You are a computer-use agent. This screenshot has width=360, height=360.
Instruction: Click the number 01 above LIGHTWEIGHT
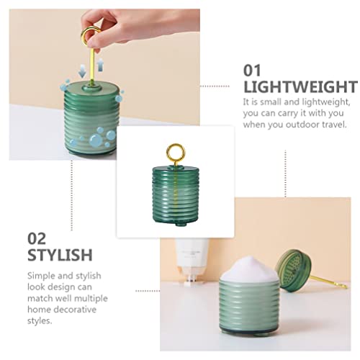(252, 71)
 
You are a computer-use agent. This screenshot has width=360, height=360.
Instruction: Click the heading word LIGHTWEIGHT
(301, 87)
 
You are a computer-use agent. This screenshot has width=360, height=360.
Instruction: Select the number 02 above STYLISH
(37, 238)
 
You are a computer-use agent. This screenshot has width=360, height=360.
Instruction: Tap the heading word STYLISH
(60, 255)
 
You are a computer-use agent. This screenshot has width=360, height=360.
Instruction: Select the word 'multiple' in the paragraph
(93, 298)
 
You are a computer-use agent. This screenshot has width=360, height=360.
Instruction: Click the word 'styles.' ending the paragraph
(40, 321)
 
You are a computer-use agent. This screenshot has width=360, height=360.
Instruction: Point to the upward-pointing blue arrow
(101, 65)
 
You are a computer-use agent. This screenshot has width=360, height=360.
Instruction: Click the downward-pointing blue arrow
(82, 71)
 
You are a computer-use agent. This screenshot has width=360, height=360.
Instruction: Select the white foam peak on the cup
(250, 269)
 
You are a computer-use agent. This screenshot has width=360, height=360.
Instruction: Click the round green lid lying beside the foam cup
(293, 271)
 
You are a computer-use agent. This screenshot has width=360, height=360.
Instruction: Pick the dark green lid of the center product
(176, 171)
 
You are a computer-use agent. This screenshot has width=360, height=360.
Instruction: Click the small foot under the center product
(181, 225)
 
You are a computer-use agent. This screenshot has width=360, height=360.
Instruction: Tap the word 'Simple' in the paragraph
(41, 276)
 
